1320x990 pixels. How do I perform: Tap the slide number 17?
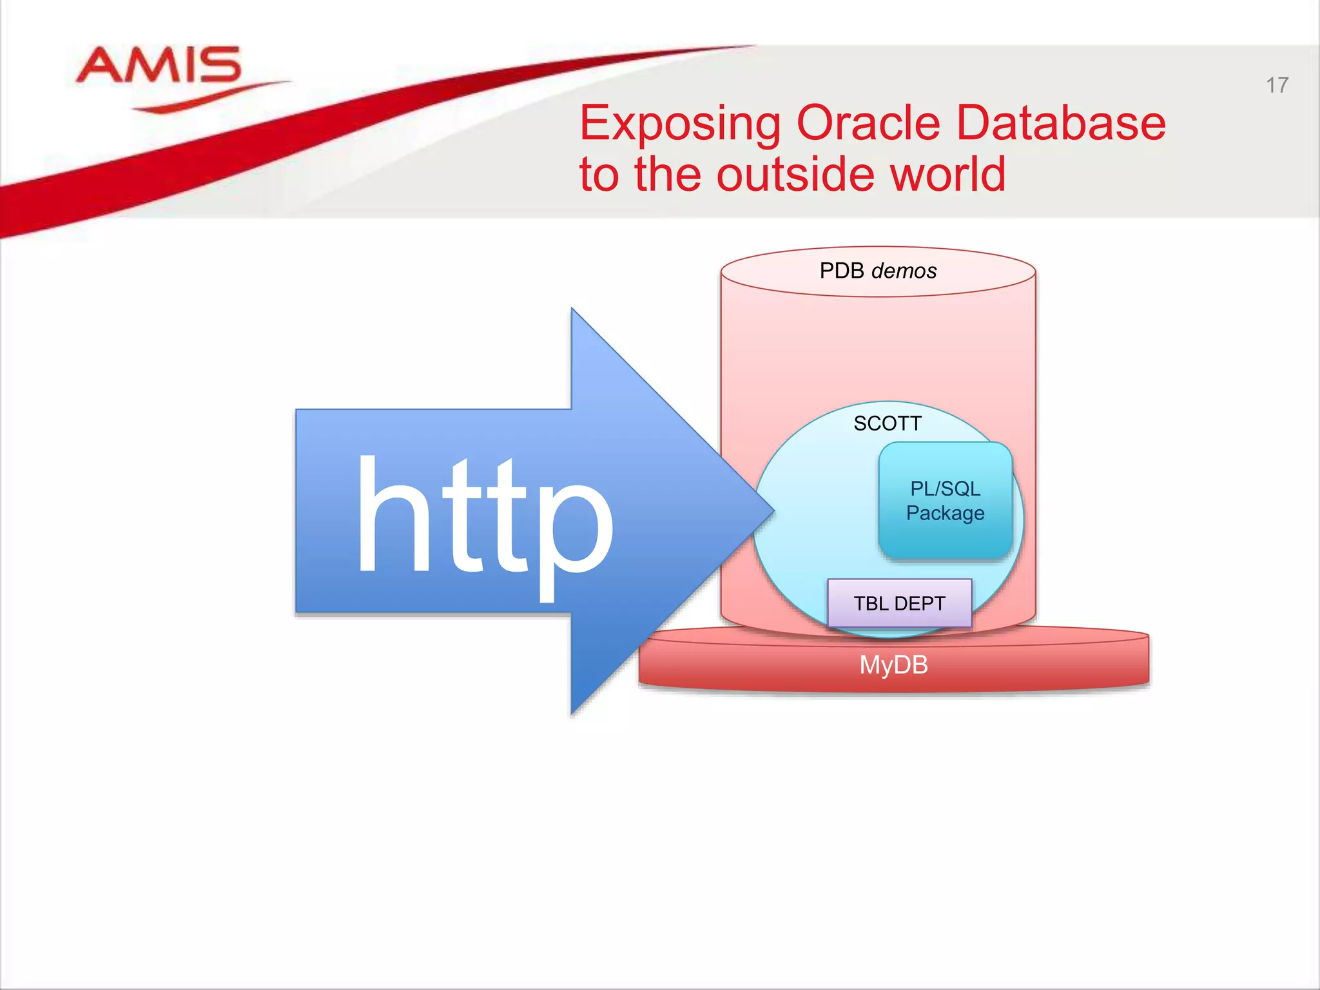coord(1277,85)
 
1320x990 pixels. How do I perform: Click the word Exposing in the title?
coord(680,124)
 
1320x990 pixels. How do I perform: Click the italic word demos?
coord(904,271)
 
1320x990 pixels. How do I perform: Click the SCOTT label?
coord(888,423)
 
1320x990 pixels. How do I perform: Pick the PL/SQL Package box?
coord(945,500)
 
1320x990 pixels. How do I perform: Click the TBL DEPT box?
coord(899,603)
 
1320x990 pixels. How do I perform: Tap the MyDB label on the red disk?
coord(893,665)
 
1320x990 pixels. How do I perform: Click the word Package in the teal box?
coord(945,513)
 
